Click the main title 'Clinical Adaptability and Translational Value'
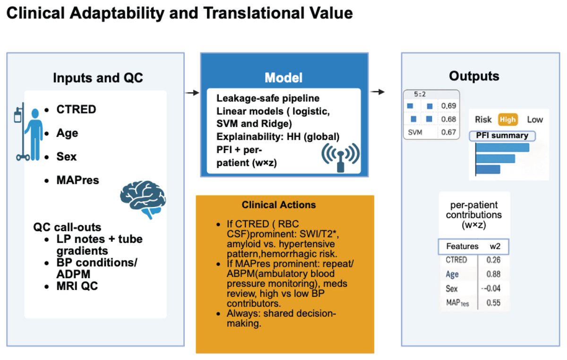click(x=179, y=14)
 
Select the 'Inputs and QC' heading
click(x=98, y=78)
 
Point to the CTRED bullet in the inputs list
click(x=76, y=110)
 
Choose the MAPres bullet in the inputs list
click(x=77, y=180)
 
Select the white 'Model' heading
click(x=283, y=77)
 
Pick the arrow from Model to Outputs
click(x=378, y=91)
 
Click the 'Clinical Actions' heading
click(x=279, y=205)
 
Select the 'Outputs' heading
click(x=474, y=76)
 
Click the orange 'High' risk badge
click(x=507, y=120)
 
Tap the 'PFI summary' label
click(x=502, y=136)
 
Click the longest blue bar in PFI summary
click(x=502, y=147)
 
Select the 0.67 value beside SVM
click(x=448, y=132)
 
